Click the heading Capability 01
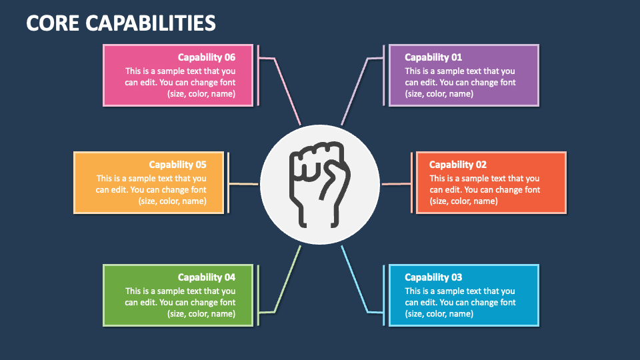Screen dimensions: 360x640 pos(433,57)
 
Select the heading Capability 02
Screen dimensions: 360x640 pos(457,165)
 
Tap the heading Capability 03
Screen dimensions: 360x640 pos(433,277)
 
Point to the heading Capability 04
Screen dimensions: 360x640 pos(206,277)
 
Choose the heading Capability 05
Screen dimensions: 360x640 pos(177,165)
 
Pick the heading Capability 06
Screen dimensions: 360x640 pos(206,57)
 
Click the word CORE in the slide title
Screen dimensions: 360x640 pos(55,23)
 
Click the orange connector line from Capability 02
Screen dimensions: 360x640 pos(397,184)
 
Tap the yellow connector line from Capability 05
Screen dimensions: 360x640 pos(243,184)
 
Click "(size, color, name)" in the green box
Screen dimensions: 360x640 pos(201,314)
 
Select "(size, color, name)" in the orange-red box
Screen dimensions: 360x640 pos(463,201)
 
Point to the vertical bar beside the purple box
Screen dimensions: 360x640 pos(383,75)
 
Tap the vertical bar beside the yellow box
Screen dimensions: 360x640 pos(228,183)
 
